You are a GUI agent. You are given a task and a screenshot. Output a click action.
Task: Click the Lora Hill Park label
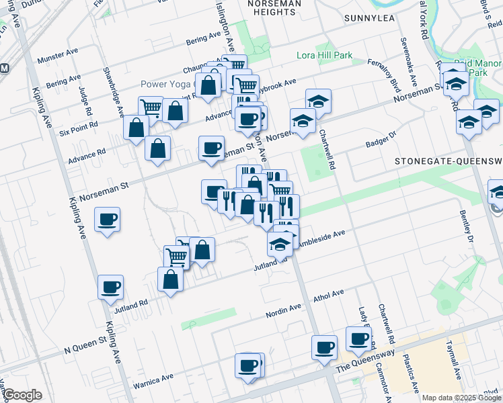(325, 56)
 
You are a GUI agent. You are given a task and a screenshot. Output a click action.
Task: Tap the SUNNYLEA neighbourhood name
(369, 18)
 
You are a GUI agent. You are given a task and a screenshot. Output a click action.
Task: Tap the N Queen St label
(85, 350)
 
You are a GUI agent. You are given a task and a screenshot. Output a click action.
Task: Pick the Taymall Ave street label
(454, 360)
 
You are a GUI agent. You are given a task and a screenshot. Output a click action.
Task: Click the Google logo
(22, 395)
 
